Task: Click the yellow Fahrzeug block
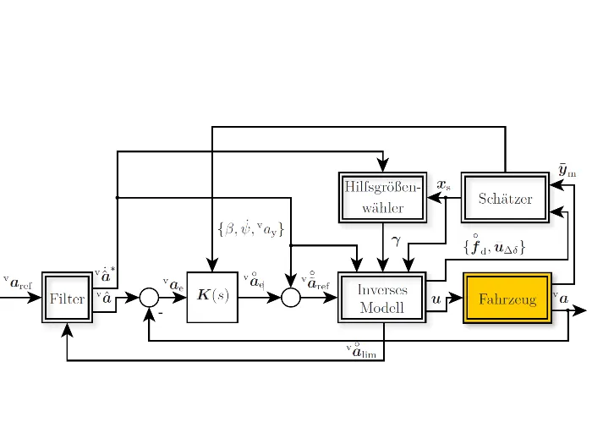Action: click(507, 299)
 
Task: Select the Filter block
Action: click(66, 299)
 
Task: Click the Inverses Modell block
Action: click(382, 299)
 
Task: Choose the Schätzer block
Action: click(505, 198)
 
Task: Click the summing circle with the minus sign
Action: click(149, 298)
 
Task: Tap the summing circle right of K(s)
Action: click(290, 298)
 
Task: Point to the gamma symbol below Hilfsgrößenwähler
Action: click(394, 241)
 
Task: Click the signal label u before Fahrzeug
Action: click(436, 299)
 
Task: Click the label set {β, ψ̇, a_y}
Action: click(251, 228)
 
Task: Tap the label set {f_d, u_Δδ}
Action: click(495, 246)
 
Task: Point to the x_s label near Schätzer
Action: click(443, 184)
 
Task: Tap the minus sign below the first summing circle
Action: click(158, 313)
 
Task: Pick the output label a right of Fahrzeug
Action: click(560, 295)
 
